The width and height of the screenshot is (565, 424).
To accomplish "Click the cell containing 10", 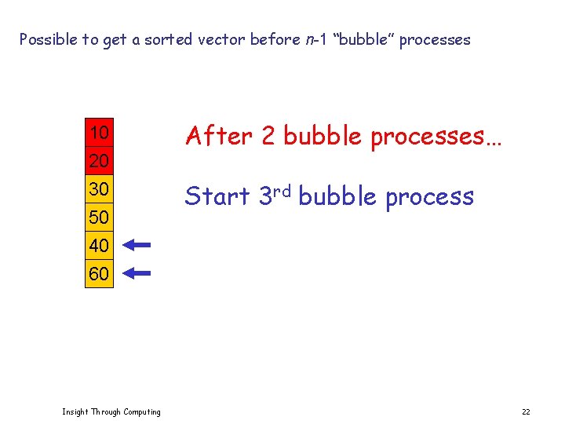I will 99,133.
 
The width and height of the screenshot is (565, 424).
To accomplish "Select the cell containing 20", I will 99,161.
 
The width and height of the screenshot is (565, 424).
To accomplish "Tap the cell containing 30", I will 99,189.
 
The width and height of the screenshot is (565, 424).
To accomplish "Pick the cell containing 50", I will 99,217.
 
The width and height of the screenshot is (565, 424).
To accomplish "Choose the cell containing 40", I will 99,245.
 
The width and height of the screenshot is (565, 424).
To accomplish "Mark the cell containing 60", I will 99,274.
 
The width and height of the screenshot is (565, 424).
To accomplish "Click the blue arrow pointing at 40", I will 137,245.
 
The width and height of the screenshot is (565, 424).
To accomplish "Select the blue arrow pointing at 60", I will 137,274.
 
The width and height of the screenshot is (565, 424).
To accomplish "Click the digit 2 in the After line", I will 268,137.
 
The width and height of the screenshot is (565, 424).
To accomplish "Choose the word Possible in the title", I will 48,39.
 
